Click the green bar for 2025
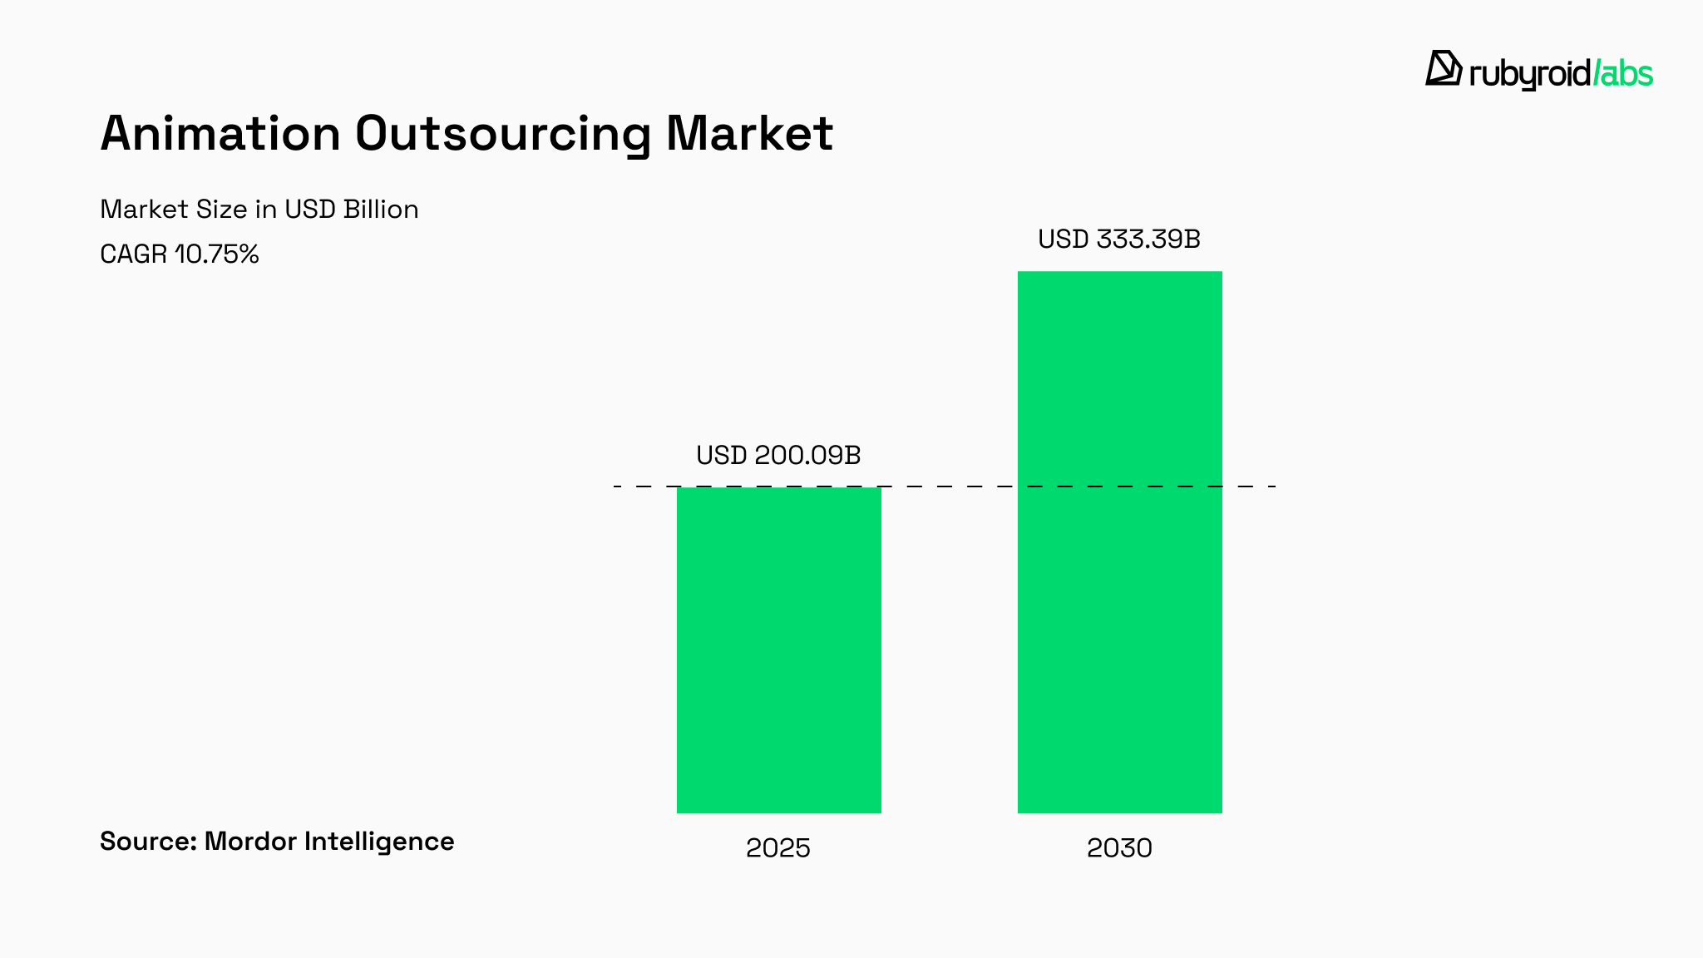pos(778,649)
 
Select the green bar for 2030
pos(1119,541)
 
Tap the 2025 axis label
pos(777,848)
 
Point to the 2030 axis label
pos(1119,848)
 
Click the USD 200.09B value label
pos(778,456)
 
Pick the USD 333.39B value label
pos(1119,239)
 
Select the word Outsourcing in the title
pos(502,133)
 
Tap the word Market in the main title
pos(749,133)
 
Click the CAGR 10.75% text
pos(180,254)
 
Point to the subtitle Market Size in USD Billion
pos(259,209)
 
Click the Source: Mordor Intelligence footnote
pos(277,842)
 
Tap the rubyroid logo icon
pos(1443,68)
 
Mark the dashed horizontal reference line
pos(948,486)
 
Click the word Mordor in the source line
pos(250,842)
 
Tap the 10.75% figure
pos(217,254)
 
